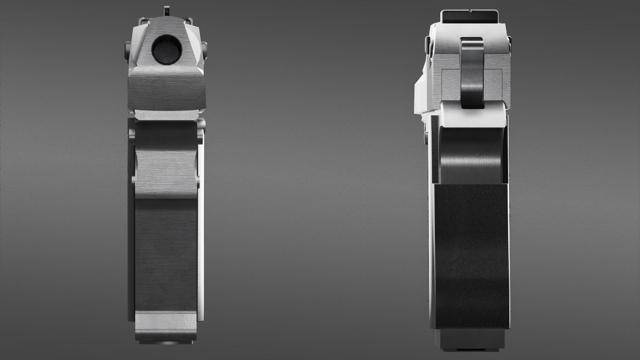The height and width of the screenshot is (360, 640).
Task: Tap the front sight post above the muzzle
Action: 166,10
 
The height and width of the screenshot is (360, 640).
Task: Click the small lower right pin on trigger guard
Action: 199,182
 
